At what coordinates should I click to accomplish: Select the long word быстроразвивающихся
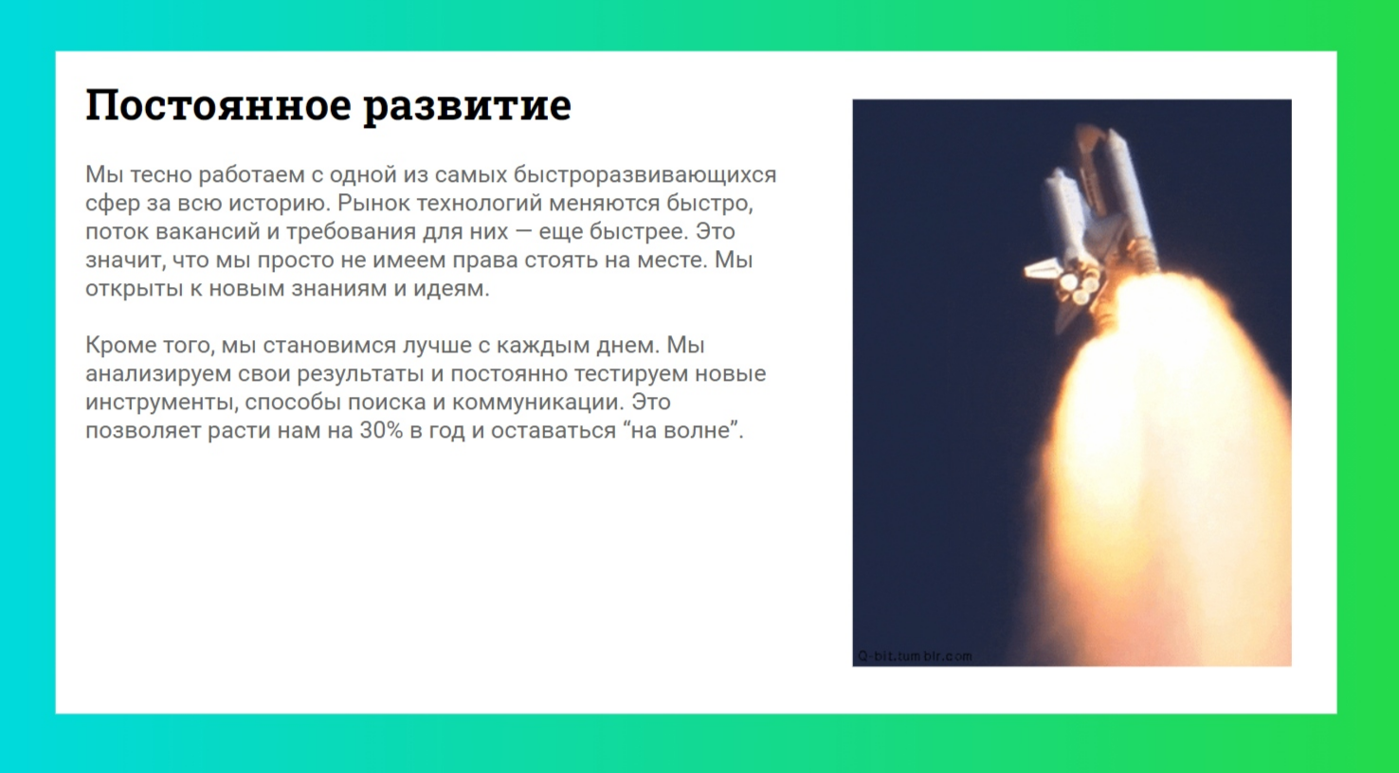coord(645,175)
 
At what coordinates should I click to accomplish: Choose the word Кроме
coord(118,346)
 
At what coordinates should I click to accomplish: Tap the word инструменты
coord(160,403)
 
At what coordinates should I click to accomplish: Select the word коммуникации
coord(537,403)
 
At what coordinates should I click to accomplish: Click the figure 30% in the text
coord(381,431)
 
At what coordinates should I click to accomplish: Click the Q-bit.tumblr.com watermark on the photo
coord(915,656)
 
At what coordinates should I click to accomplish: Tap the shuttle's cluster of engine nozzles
coord(1080,284)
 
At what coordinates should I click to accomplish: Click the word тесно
coord(160,175)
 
